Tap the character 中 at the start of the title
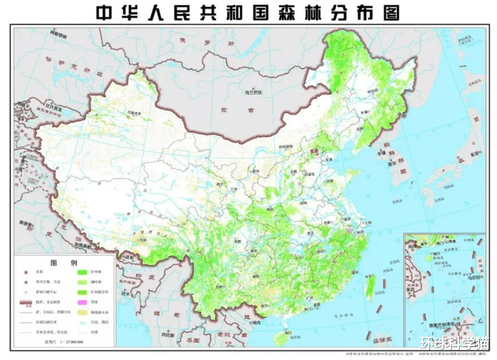click(x=103, y=13)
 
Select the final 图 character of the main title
click(x=396, y=13)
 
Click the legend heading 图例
click(x=68, y=261)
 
